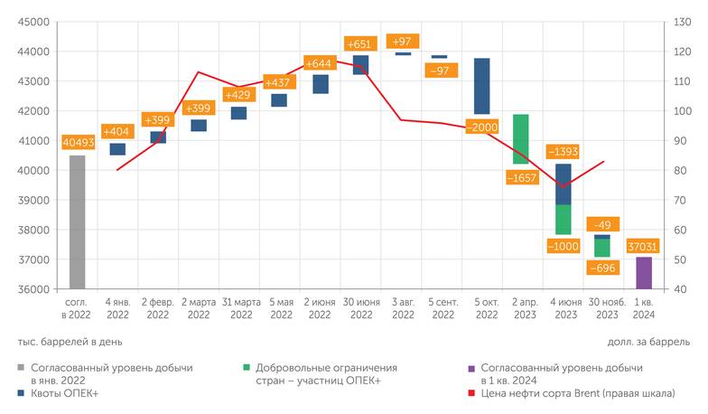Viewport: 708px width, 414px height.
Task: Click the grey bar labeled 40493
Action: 77,222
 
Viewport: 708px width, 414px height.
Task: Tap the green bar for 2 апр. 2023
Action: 520,138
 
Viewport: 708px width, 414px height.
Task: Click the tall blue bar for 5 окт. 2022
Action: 481,86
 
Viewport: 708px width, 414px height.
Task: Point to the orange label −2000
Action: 483,127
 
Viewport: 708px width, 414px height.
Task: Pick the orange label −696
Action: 602,268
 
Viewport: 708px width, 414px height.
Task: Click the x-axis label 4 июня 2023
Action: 562,308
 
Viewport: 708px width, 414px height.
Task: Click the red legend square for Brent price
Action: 473,394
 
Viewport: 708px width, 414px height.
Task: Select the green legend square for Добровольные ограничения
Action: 247,368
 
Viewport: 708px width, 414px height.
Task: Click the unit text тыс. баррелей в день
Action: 69,342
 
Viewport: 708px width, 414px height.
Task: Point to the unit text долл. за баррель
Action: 646,342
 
